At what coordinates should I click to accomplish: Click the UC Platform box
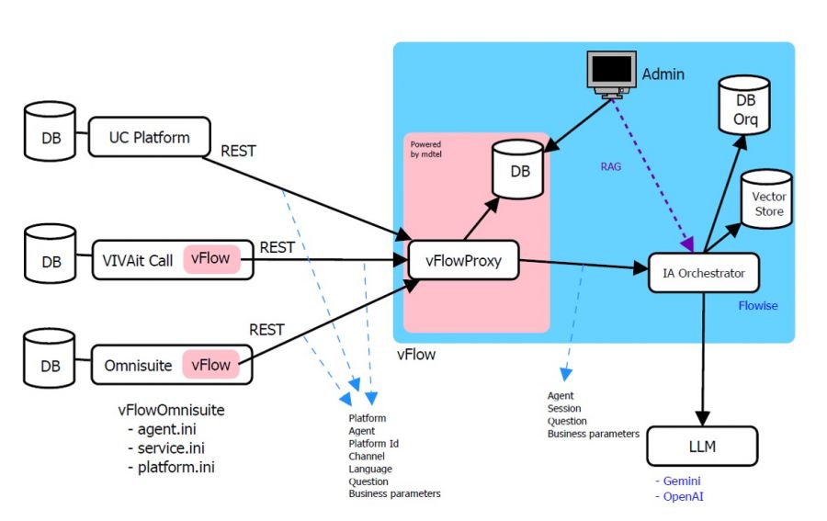point(149,138)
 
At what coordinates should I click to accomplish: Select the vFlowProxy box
point(463,260)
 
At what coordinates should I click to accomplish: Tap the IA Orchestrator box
point(703,273)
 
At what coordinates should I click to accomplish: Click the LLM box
point(702,447)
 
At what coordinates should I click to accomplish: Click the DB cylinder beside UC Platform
point(51,138)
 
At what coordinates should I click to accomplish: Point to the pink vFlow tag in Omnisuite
point(210,365)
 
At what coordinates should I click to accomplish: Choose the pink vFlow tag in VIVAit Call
point(210,260)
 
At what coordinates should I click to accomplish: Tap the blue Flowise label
point(757,305)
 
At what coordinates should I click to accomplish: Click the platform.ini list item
point(178,467)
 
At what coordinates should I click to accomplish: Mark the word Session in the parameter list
point(564,409)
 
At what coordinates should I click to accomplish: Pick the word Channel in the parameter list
point(368,456)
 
